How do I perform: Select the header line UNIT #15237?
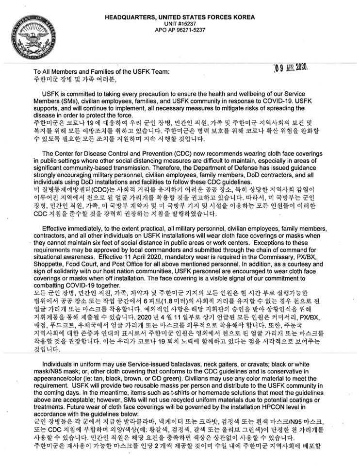(x=180, y=23)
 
